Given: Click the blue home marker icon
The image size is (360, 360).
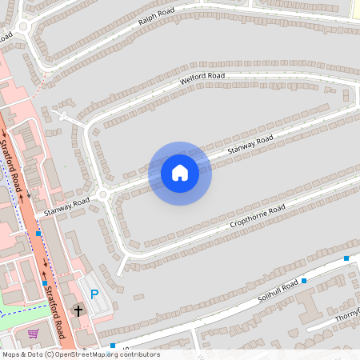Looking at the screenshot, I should (x=180, y=173).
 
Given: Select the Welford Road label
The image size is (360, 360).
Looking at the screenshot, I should (x=202, y=78).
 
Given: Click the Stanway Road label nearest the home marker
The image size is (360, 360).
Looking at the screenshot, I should (x=250, y=144).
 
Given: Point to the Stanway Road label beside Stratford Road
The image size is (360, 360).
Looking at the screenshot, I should (x=66, y=206).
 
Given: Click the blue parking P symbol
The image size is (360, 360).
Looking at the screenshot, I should (x=94, y=294).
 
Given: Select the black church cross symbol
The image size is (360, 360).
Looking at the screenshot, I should (x=78, y=310).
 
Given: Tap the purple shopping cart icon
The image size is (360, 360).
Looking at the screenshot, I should (x=33, y=334).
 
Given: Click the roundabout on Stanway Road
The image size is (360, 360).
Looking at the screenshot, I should (x=102, y=194).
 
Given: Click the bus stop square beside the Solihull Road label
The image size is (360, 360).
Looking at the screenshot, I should (x=304, y=282).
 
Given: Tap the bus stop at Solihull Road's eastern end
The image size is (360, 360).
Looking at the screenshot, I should (x=346, y=258).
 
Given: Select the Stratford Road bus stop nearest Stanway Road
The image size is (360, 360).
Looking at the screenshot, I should (x=38, y=234).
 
